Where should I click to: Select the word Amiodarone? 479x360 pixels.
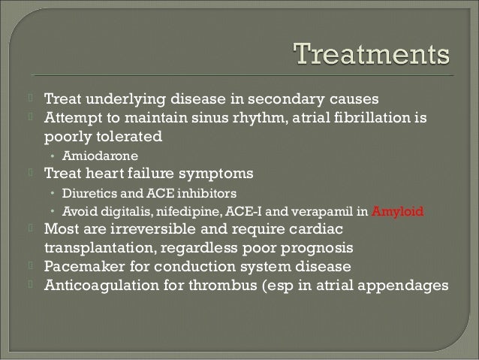click(93, 156)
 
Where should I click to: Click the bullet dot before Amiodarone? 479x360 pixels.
click(53, 156)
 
